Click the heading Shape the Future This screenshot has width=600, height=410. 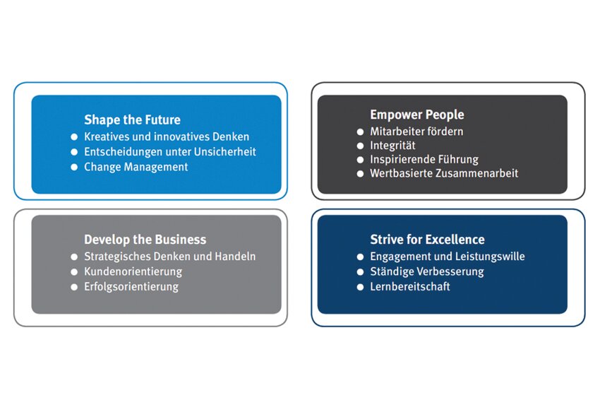133,119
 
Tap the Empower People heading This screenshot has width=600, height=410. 417,115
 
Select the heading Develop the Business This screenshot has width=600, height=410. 145,240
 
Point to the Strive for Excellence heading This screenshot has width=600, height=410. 428,240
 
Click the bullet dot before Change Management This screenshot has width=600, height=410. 74,167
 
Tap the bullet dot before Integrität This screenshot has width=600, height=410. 360,146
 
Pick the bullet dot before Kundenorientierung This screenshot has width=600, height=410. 74,271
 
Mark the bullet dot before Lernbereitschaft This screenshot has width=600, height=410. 360,287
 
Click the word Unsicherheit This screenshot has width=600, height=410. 225,152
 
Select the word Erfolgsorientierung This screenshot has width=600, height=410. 131,287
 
